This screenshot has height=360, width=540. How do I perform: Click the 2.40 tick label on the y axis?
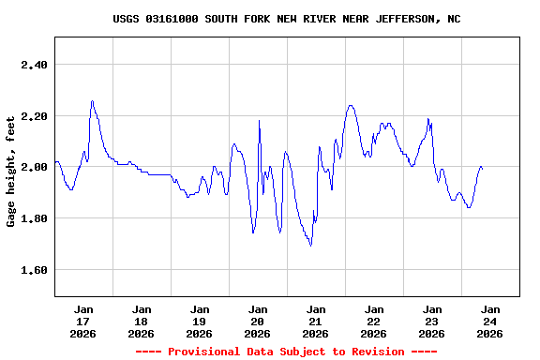33,65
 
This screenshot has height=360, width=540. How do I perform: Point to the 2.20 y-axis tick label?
33,116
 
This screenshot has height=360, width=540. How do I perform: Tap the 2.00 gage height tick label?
33,167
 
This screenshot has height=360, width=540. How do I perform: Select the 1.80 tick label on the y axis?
33,218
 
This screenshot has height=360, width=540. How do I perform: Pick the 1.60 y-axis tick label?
33,270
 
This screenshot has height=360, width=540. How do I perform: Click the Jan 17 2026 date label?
83,321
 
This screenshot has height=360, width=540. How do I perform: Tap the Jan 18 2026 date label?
142,321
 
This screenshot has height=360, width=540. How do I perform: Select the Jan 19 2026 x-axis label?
200,321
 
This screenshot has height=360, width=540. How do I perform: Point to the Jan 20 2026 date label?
258,321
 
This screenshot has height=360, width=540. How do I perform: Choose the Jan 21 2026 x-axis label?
316,321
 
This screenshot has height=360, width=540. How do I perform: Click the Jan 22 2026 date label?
374,321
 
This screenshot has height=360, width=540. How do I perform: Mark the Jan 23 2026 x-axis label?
432,321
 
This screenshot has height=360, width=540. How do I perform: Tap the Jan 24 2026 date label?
490,321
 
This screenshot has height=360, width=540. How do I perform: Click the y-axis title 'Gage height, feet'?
11,172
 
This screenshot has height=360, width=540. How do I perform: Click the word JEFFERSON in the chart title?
403,19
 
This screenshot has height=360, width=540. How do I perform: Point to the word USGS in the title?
127,19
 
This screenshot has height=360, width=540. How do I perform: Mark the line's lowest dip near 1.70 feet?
310,245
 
